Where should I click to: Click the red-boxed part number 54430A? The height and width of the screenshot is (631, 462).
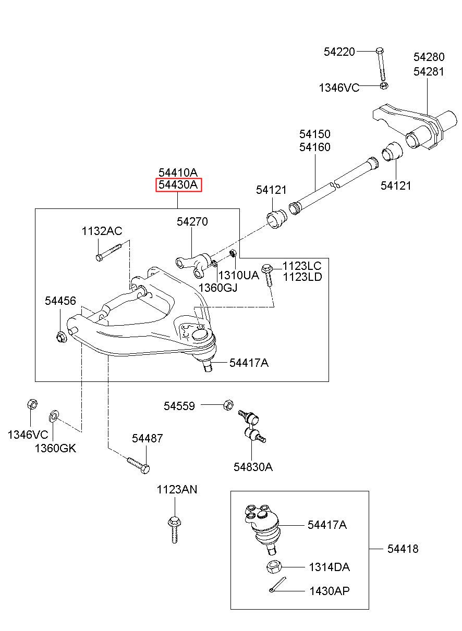pos(178,185)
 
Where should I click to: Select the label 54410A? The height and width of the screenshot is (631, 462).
pos(178,172)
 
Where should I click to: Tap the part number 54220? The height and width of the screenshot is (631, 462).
pos(339,52)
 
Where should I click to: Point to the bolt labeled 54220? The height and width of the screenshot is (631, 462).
pos(381,64)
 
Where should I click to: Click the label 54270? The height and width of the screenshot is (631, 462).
pos(192,221)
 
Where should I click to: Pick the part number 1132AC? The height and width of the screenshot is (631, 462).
pos(102,231)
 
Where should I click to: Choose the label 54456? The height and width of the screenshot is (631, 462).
pos(60,301)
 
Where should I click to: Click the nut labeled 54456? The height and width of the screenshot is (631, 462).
pos(61,337)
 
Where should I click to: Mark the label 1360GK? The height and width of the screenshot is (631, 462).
pos(55,448)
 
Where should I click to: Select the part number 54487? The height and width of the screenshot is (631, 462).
pos(148,438)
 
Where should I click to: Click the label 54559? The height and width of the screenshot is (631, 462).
pos(179,406)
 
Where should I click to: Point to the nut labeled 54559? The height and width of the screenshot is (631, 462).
pos(228,405)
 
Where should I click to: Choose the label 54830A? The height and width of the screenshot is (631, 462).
pos(253,467)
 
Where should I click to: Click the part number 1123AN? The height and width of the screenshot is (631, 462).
pos(177,490)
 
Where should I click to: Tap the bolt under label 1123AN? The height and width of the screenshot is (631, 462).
pos(175,530)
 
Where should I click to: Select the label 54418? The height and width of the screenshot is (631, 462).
pos(403,549)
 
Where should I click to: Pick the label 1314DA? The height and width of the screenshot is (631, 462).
pos(329,567)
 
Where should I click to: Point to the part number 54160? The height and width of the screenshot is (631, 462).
pos(315,147)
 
